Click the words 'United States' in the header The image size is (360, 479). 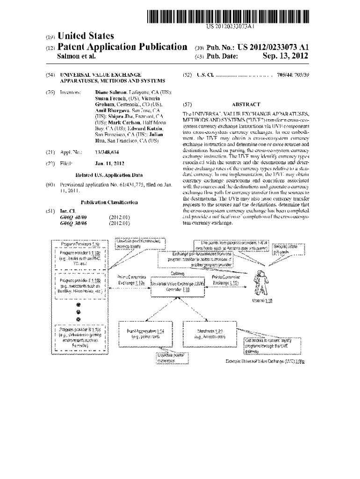point(85,36)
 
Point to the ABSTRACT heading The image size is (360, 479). point(245,104)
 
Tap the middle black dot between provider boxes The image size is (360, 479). point(78,311)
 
